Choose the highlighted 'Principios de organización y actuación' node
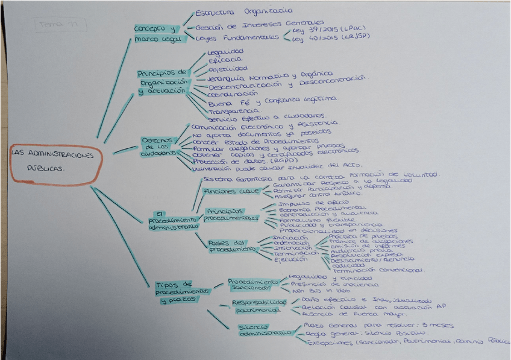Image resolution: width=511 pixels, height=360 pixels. coord(163,82)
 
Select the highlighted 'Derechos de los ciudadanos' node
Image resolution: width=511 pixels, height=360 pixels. coord(158,147)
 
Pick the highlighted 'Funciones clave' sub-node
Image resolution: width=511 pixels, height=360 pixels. coord(223,191)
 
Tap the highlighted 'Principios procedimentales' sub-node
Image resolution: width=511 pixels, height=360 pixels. coord(231,214)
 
